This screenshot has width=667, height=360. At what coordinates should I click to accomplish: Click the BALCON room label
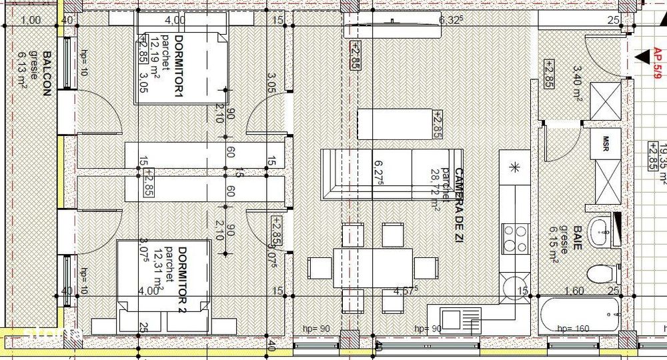point(47,74)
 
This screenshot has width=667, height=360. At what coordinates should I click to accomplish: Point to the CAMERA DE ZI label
point(459,198)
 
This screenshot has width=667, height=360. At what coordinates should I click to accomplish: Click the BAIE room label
point(578,237)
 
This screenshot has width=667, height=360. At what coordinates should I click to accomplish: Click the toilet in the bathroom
point(603,273)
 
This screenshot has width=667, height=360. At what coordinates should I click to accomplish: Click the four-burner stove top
point(514,237)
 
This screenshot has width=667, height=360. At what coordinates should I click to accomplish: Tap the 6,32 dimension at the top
point(451,20)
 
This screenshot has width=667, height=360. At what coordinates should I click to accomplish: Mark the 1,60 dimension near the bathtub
point(574,291)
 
